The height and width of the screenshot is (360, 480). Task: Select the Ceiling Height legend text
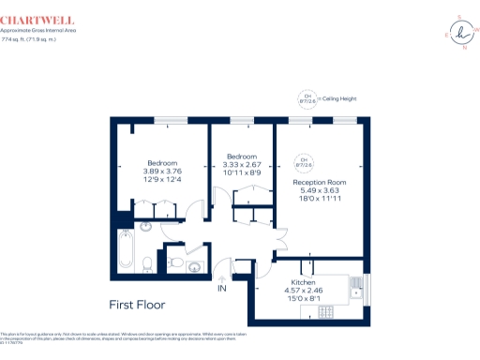(x=338, y=98)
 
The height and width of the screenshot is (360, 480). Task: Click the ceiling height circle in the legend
(x=307, y=97)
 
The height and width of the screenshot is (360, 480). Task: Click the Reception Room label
(x=320, y=181)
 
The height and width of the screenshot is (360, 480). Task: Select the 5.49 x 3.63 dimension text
(x=320, y=189)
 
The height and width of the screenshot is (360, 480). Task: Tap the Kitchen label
(x=302, y=282)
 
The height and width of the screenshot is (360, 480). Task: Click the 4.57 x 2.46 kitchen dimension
(x=303, y=290)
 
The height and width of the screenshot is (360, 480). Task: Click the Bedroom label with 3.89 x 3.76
(x=161, y=162)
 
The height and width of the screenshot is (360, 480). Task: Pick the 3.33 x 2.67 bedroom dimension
(x=242, y=164)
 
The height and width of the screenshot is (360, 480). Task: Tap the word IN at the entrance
(x=222, y=288)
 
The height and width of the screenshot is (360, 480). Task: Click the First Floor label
(x=137, y=305)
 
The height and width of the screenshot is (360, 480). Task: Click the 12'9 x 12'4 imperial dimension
(x=161, y=179)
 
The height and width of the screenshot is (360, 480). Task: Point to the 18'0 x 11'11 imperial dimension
(x=320, y=198)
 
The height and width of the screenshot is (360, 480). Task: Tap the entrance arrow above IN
(x=222, y=277)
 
